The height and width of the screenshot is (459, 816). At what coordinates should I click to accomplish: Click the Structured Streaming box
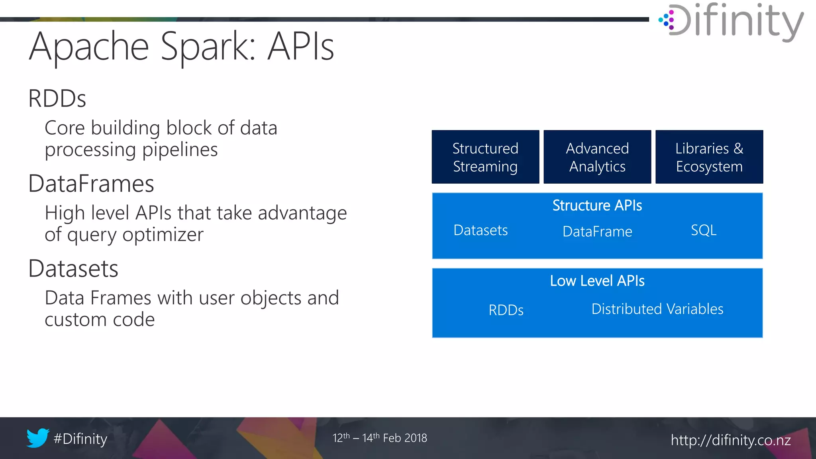click(485, 157)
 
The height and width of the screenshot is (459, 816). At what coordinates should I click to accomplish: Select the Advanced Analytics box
click(597, 157)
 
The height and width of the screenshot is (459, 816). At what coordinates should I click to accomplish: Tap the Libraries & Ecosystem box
click(709, 157)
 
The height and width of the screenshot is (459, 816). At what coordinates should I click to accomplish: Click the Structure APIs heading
click(597, 206)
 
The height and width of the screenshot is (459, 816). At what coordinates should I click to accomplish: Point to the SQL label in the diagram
click(704, 230)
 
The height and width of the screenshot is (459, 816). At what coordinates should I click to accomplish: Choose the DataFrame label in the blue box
click(597, 231)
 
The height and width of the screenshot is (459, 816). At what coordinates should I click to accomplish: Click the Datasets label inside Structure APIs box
click(481, 230)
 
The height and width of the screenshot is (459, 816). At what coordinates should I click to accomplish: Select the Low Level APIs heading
click(597, 281)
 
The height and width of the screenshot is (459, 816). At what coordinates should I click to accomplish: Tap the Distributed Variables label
click(657, 309)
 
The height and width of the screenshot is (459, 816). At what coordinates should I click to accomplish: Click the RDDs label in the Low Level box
click(506, 310)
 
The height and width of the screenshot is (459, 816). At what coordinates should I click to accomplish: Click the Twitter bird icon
click(38, 438)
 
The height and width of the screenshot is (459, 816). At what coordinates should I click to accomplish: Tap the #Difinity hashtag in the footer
click(80, 439)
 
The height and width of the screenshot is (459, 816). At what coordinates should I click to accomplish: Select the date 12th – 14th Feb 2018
click(380, 438)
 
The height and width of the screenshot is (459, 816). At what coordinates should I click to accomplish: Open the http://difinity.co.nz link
click(731, 440)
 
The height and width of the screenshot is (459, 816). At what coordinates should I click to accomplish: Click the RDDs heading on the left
click(57, 98)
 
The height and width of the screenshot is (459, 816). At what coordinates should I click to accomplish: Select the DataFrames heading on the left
click(91, 184)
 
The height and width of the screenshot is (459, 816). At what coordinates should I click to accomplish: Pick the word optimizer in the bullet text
click(163, 235)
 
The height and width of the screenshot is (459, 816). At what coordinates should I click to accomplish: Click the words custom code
click(100, 320)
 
